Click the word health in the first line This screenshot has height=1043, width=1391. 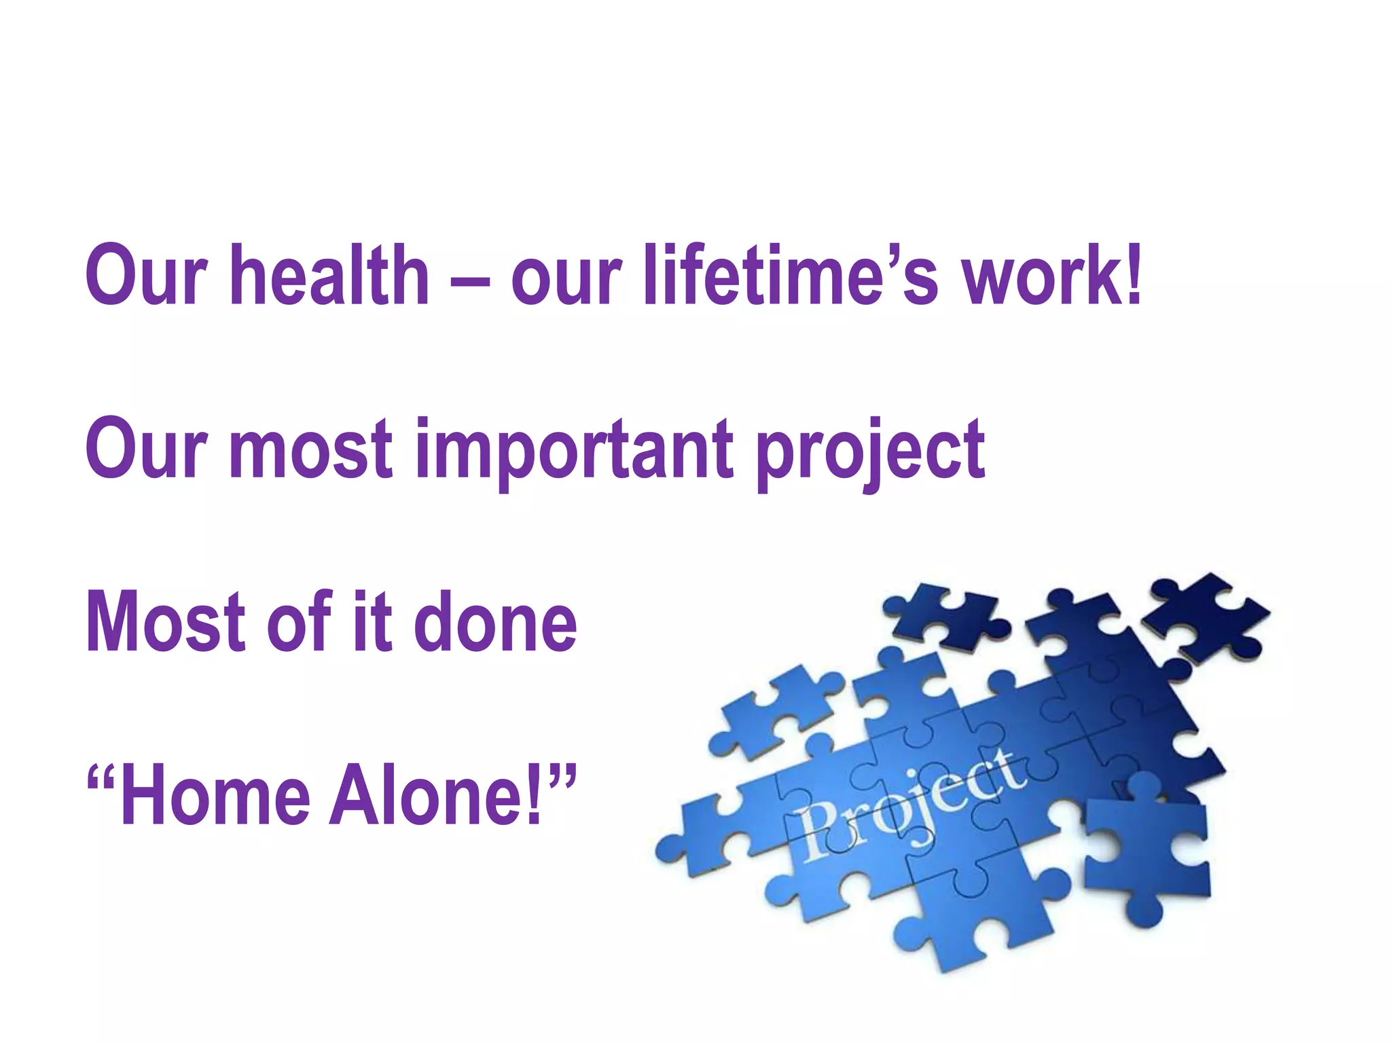tap(329, 275)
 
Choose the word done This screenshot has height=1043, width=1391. tap(495, 621)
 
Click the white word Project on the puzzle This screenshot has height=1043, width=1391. tap(910, 808)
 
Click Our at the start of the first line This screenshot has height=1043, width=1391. tap(146, 275)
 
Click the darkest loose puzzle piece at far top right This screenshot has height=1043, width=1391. tap(1206, 618)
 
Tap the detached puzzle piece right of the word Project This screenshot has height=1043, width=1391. tap(1148, 849)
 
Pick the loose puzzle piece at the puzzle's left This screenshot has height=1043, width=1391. tap(774, 713)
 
